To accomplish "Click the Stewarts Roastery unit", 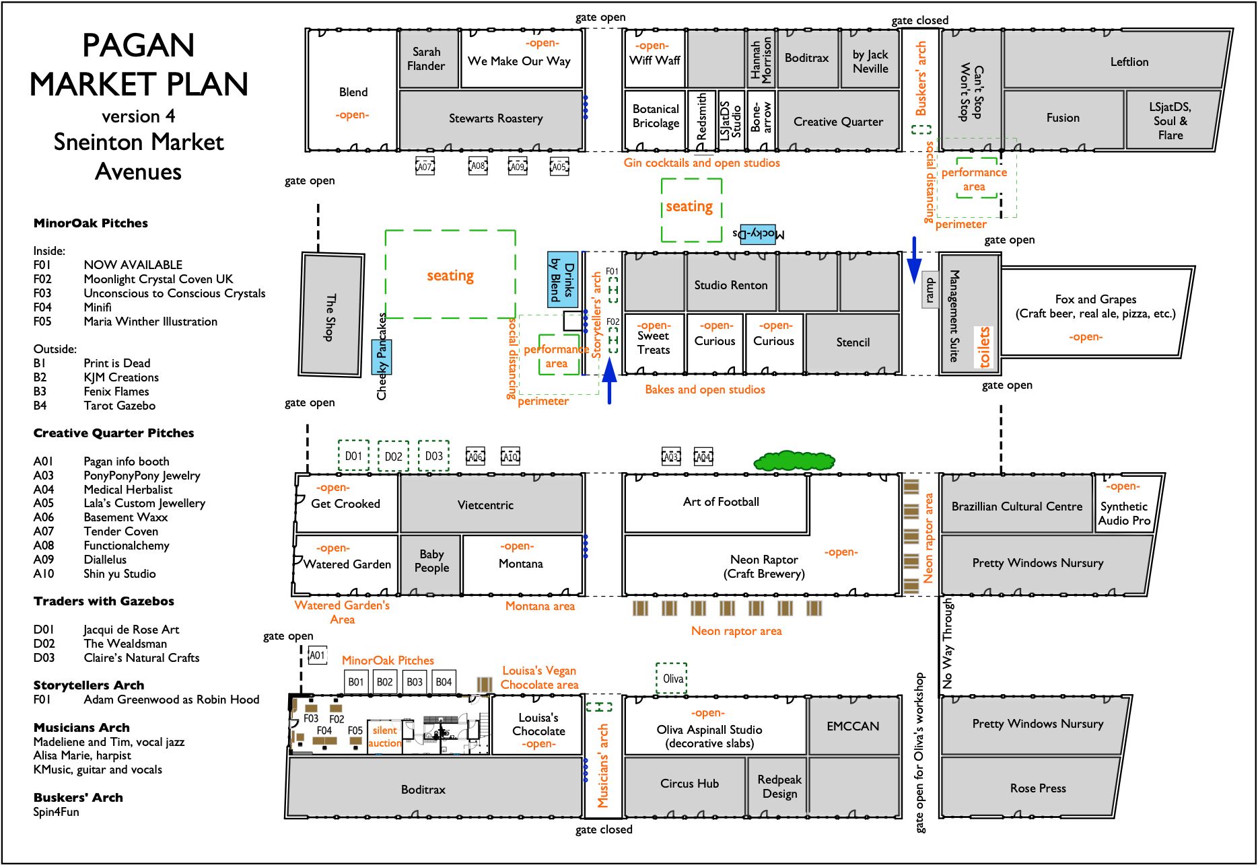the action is tap(491, 119).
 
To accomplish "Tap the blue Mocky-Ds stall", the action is tap(758, 233).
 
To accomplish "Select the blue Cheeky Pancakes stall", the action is tap(382, 356).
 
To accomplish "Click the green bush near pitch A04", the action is tap(794, 461).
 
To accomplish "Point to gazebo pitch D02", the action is tap(393, 456).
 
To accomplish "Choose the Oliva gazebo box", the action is tap(672, 678).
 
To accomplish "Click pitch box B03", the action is tap(415, 681).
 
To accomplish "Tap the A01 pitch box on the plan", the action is tap(317, 655).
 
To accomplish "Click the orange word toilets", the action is tap(985, 346).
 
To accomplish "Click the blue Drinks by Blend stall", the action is tap(563, 279).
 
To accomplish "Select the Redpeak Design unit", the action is tap(779, 786).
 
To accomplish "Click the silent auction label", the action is tap(385, 737).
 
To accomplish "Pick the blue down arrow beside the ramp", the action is tap(914, 260).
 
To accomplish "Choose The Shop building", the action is tap(331, 315).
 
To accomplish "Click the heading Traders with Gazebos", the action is tap(104, 601).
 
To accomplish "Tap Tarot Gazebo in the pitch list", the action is tap(120, 406).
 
